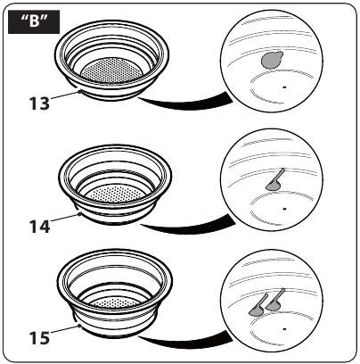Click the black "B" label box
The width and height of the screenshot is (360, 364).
coord(34,21)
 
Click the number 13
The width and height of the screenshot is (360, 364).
coord(39,103)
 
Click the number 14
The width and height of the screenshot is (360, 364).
coord(39,227)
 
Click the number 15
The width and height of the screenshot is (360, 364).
coord(39,338)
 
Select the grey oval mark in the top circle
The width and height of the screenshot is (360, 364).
coord(272,60)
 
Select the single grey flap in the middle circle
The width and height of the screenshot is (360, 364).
coord(274,182)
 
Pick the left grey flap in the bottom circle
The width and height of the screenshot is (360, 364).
coord(258,307)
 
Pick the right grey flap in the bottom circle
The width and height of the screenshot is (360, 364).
coord(275,301)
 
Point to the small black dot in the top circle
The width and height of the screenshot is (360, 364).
coord(284,87)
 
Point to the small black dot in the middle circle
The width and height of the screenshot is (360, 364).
coord(284,209)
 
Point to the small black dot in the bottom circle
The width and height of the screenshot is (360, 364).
coord(284,329)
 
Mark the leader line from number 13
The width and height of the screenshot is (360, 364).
coord(65,95)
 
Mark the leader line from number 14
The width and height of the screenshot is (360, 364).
coord(65,218)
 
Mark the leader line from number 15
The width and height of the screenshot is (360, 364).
coord(65,329)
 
